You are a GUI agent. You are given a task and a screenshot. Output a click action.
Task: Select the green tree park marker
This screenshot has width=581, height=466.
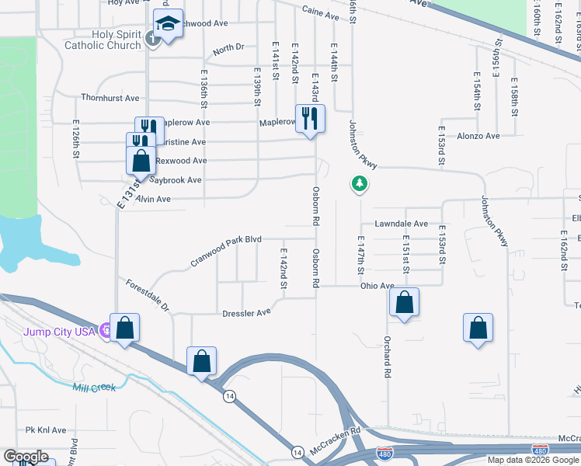359,184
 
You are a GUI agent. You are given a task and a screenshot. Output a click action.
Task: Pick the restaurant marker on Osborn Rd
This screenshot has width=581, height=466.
310,119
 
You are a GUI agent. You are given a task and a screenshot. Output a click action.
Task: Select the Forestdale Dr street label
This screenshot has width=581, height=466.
148,294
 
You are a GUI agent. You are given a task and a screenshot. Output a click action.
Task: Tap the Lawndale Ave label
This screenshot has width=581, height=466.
401,224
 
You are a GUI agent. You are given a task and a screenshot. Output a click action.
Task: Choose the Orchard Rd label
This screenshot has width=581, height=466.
386,357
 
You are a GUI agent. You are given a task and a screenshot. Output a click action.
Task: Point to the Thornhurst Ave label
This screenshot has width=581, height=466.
110,98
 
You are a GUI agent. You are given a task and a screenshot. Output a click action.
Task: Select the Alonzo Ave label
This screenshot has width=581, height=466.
482,136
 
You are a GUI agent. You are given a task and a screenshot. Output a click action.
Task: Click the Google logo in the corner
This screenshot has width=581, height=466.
26,457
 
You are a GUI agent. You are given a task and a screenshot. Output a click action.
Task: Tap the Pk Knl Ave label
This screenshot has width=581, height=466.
46,429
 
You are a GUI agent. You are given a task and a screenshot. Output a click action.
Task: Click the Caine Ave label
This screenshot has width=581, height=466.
321,15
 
